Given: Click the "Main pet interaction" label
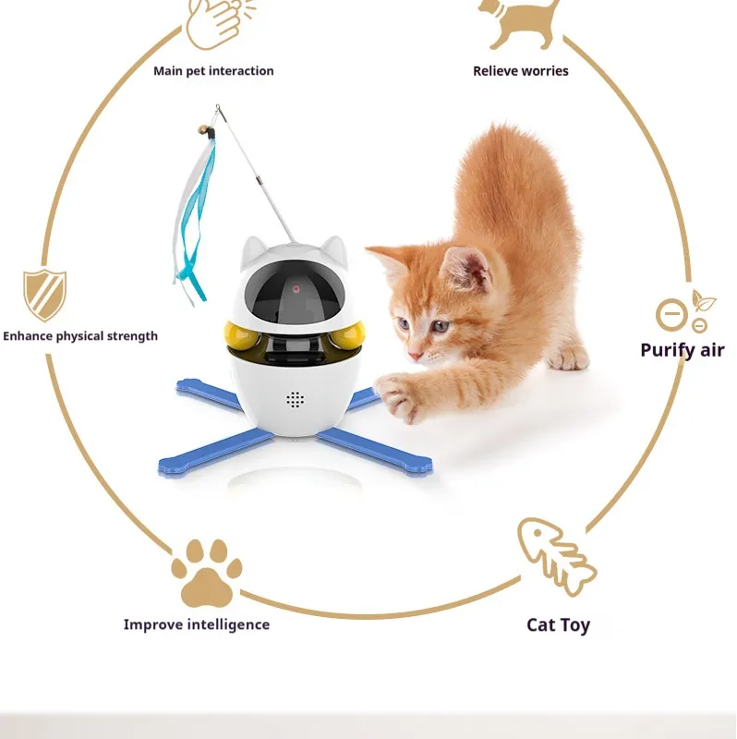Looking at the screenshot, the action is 213,71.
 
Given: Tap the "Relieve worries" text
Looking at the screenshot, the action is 521,71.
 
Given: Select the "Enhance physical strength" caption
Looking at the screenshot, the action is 80,336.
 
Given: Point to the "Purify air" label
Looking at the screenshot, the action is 682,350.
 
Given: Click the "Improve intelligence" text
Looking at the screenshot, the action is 197,624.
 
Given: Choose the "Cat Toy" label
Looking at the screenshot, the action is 558,625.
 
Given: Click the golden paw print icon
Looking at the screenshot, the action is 206,572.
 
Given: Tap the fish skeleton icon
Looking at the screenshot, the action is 556,556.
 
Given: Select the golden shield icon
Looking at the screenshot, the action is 44,296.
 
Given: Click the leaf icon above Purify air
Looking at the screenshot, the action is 703,300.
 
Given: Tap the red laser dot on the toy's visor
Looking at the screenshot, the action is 296,289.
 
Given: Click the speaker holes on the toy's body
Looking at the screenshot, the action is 295,400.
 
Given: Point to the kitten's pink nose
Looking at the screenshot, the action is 416,356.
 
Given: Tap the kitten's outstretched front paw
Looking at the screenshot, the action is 398,396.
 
